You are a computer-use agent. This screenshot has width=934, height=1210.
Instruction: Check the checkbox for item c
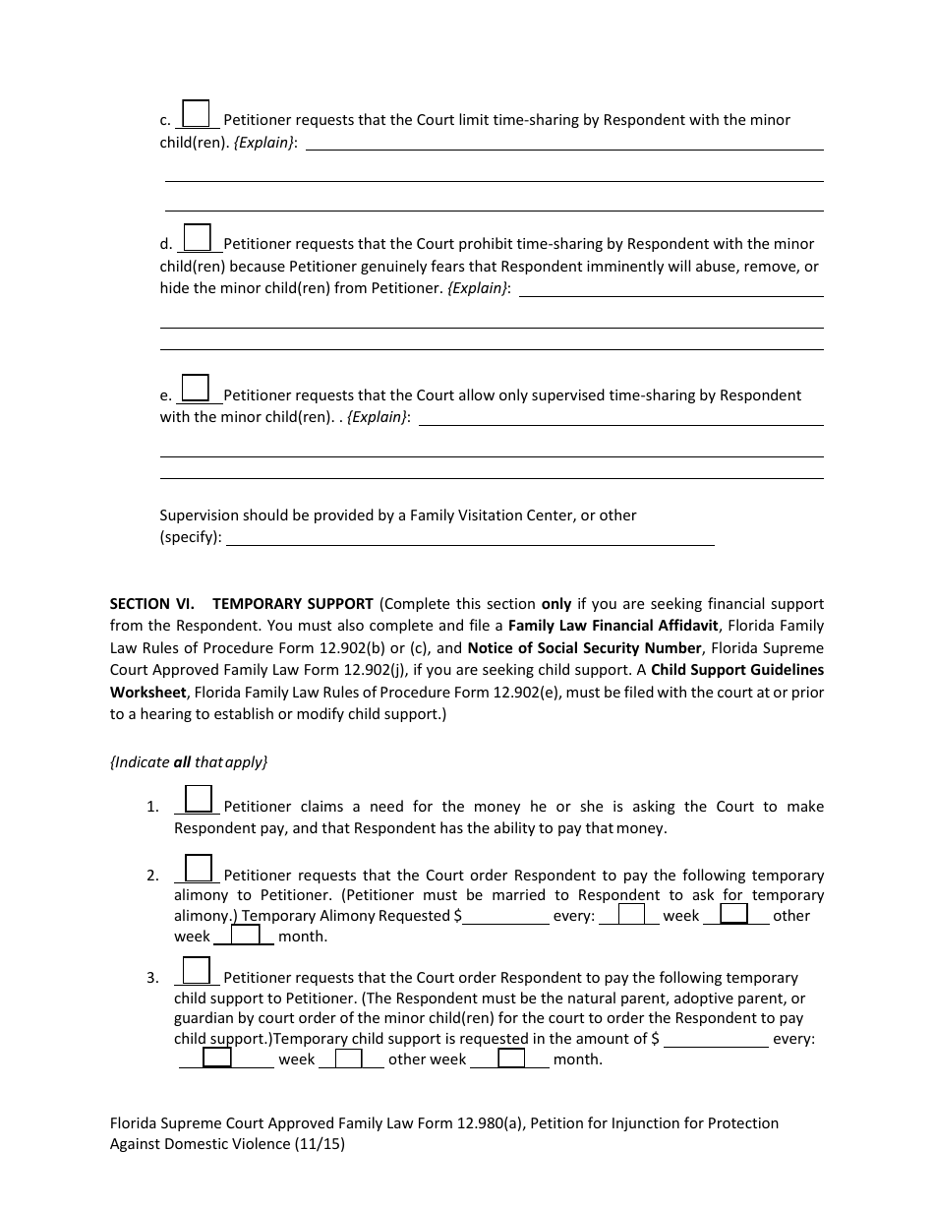tap(196, 114)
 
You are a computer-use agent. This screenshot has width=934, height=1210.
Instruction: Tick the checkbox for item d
tap(198, 237)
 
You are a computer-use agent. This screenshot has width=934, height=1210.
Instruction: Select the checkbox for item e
tap(196, 388)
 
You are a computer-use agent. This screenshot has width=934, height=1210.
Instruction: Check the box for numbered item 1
tap(199, 799)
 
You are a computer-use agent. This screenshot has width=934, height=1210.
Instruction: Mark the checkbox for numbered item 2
tap(199, 868)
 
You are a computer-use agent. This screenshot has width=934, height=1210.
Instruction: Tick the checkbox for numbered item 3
tap(197, 970)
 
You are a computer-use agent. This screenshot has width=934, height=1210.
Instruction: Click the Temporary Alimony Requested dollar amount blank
tap(506, 917)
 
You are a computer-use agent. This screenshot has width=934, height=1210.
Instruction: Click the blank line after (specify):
tap(470, 538)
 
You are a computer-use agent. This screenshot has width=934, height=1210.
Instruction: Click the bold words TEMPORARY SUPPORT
tap(293, 604)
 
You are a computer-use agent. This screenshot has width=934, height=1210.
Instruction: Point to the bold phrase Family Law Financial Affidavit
tap(614, 626)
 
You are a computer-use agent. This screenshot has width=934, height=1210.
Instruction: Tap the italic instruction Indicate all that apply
tap(189, 761)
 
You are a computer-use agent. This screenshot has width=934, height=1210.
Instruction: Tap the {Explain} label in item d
tap(478, 288)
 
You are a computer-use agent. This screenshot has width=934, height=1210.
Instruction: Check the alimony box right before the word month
tap(246, 936)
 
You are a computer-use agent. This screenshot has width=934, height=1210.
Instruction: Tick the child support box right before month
tap(511, 1059)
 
